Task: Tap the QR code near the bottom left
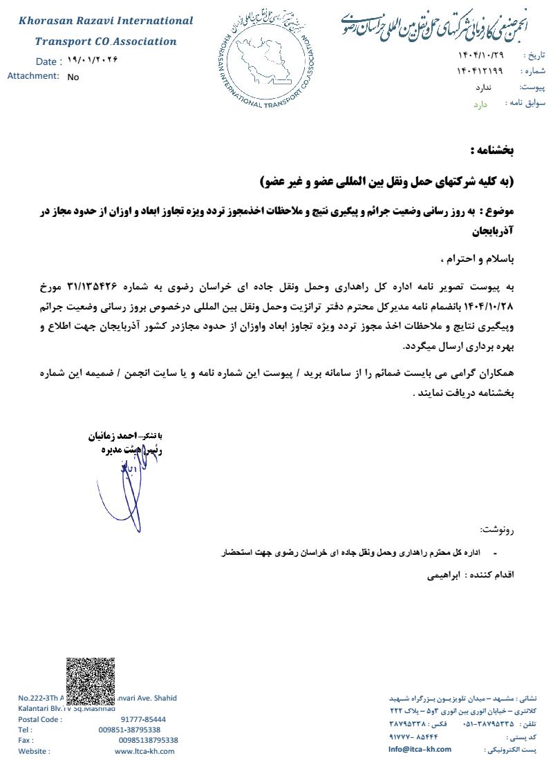[90, 681]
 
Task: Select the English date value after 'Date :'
[93, 60]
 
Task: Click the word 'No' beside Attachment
[73, 77]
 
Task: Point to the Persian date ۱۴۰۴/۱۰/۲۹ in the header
[480, 55]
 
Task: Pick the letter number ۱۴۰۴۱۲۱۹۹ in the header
[480, 71]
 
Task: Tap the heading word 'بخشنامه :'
[492, 150]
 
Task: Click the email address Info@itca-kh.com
[420, 749]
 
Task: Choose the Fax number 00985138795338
[148, 740]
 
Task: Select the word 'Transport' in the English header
[63, 41]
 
